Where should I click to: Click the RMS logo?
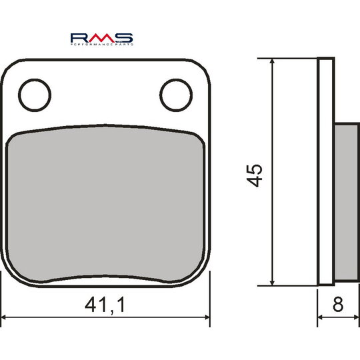[x=102, y=39]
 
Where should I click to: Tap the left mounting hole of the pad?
[x=35, y=95]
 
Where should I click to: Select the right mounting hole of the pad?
[x=176, y=95]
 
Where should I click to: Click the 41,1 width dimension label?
[x=105, y=305]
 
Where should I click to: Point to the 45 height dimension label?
[x=254, y=175]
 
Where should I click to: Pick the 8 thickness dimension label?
[x=338, y=305]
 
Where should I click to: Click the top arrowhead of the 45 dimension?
[x=272, y=61]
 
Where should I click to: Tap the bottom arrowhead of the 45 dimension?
[x=272, y=283]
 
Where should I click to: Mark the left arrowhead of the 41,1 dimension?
[x=5, y=317]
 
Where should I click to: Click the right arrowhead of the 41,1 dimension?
[x=207, y=317]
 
